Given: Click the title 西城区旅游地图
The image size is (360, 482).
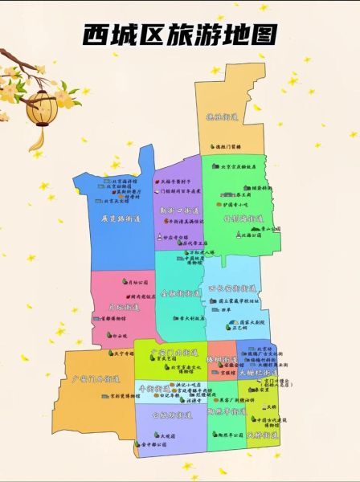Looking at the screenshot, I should pyautogui.click(x=180, y=35).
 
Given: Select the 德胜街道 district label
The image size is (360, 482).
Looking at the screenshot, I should pyautogui.click(x=221, y=117).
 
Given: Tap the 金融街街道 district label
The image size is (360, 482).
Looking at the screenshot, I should pyautogui.click(x=180, y=294).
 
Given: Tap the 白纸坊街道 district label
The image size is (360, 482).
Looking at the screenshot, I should pyautogui.click(x=171, y=415).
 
